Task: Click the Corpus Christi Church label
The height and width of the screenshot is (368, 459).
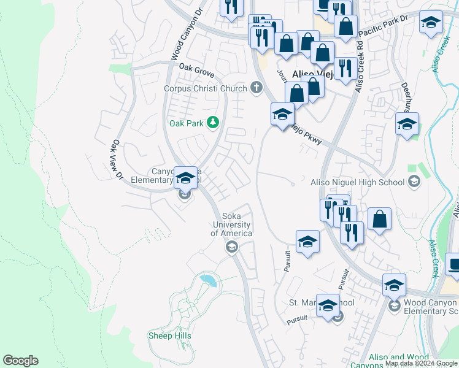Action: pyautogui.click(x=205, y=88)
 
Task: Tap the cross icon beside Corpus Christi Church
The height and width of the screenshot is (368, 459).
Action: pyautogui.click(x=256, y=88)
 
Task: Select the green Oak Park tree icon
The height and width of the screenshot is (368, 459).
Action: pyautogui.click(x=213, y=123)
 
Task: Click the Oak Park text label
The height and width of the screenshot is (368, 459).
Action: pyautogui.click(x=186, y=123)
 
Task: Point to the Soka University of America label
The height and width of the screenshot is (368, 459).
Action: pyautogui.click(x=231, y=224)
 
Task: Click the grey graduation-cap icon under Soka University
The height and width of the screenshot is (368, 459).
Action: pyautogui.click(x=231, y=247)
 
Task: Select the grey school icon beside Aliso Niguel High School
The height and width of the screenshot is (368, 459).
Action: pyautogui.click(x=415, y=182)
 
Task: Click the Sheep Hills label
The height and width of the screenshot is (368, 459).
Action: pyautogui.click(x=170, y=335)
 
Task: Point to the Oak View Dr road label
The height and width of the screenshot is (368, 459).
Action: pyautogui.click(x=117, y=160)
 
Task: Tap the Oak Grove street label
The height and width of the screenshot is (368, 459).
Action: pyautogui.click(x=196, y=69)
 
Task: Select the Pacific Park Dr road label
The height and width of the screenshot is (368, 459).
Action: pyautogui.click(x=383, y=25)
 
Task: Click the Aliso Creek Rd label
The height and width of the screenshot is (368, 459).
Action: pyautogui.click(x=359, y=67)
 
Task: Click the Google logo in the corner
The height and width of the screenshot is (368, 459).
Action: pyautogui.click(x=20, y=361)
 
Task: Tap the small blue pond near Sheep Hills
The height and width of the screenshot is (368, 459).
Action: pyautogui.click(x=208, y=281)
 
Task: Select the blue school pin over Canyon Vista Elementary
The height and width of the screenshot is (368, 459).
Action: pyautogui.click(x=185, y=178)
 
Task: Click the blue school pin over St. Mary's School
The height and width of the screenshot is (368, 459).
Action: pyautogui.click(x=328, y=305)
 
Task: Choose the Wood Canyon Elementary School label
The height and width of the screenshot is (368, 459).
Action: pyautogui.click(x=431, y=307)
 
